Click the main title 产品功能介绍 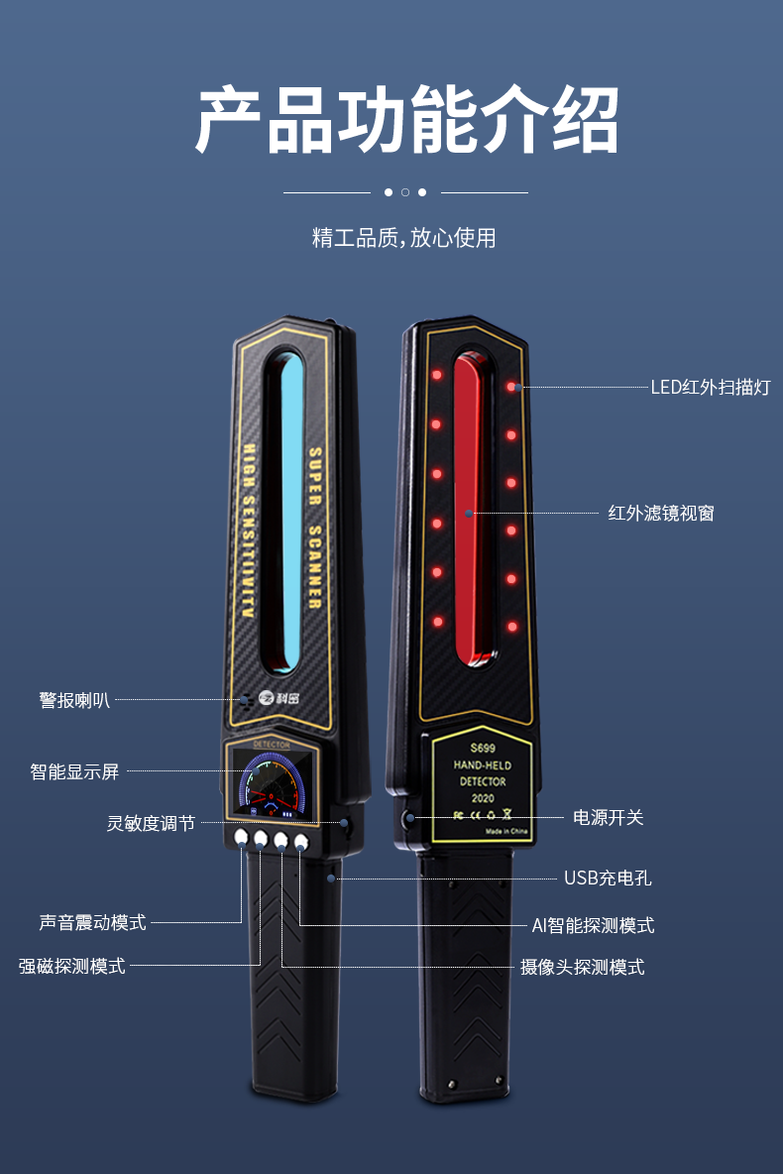click(406, 121)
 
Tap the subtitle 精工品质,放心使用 click(403, 238)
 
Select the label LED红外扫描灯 click(710, 387)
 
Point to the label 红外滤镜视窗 click(660, 513)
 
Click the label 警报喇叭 click(74, 700)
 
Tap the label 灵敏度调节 click(151, 823)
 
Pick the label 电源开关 click(608, 817)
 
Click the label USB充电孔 click(608, 878)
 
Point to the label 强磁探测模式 click(72, 966)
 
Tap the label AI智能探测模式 click(593, 925)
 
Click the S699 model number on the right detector click(483, 749)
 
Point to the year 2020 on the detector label click(483, 797)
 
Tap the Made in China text click(508, 832)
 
